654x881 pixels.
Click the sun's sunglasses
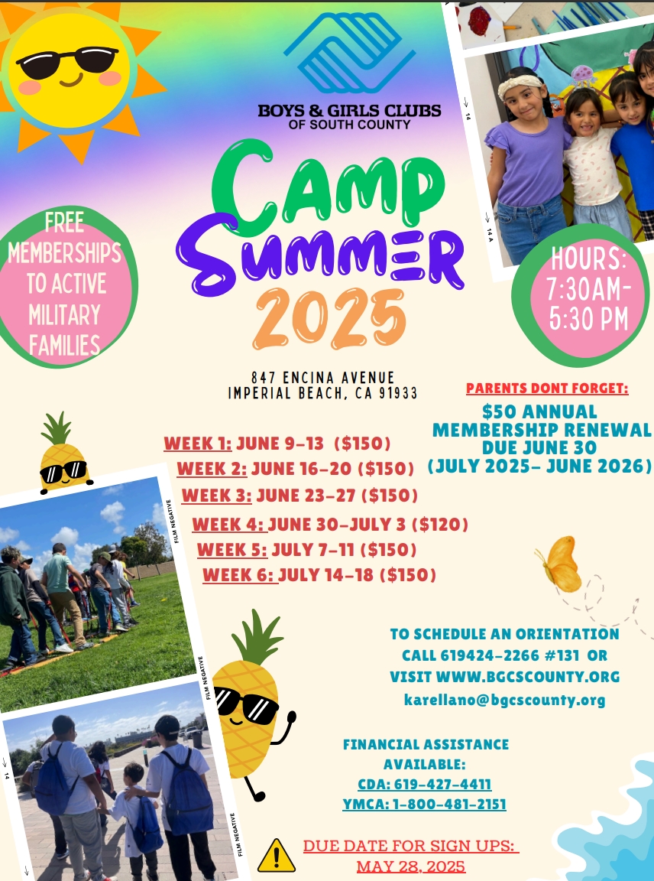pos(67,62)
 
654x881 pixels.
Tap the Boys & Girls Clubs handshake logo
pos(349,53)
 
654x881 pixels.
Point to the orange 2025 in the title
pos(329,319)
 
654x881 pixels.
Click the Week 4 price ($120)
pos(440,525)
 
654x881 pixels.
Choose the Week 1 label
pos(198,444)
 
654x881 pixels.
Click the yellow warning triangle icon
pos(277,856)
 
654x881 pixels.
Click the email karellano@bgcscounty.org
pos(505,700)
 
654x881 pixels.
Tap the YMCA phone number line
pos(424,805)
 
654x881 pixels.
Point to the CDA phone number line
pos(424,785)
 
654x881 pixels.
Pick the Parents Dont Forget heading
pos(547,388)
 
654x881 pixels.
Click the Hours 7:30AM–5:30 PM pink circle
pos(581,295)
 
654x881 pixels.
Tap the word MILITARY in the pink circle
pos(64,314)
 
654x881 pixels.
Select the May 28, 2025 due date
pos(411,866)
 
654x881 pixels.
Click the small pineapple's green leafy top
pos(56,428)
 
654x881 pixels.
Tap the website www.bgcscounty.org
pos(528,677)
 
